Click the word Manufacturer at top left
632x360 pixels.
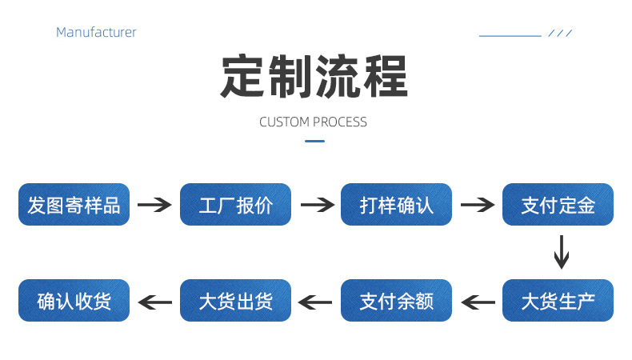96,33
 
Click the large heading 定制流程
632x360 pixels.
314,77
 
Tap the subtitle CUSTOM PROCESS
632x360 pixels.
314,122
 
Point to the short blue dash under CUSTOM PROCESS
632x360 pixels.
315,142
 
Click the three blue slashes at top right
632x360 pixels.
560,34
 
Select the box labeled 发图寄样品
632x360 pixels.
74,205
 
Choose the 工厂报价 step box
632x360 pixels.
235,205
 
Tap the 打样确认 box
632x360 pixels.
397,205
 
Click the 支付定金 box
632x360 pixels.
558,205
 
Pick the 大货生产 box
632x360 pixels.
558,301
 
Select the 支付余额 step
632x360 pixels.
397,301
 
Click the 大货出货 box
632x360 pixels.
235,301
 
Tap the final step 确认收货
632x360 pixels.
74,301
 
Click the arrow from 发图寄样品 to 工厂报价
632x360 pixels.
154,205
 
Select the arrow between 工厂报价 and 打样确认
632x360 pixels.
316,205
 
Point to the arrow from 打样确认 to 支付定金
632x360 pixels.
478,205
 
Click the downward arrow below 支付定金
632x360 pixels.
562,252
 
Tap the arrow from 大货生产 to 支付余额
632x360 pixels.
478,302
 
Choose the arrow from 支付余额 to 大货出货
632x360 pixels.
315,302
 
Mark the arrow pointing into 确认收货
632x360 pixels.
154,302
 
